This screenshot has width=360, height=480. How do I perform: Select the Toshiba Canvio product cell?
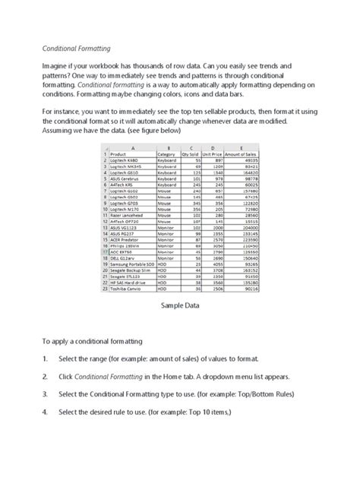pos(126,289)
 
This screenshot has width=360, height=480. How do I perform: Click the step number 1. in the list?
pos(46,358)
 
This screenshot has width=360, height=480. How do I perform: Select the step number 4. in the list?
pos(46,412)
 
